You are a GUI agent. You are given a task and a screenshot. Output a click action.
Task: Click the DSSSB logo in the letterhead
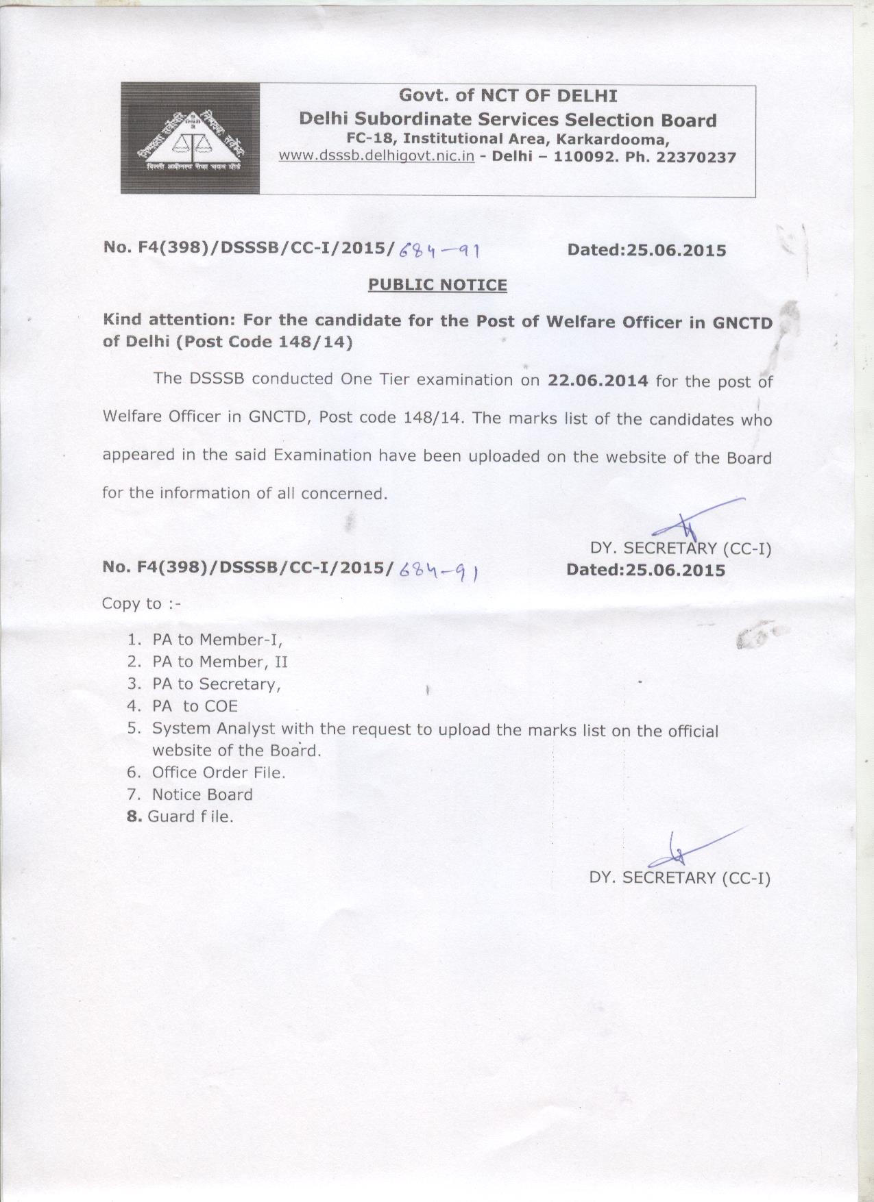coord(191,138)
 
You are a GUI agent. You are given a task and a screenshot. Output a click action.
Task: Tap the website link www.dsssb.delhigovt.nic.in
coord(376,155)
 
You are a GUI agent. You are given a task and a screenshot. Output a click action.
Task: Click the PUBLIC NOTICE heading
coord(437,284)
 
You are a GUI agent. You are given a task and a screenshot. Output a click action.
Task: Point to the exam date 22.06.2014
coord(598,380)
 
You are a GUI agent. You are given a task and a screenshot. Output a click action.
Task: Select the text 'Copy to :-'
coord(141,603)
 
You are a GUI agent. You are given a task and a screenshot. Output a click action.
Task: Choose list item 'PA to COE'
coord(195,706)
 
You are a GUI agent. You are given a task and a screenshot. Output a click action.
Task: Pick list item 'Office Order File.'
coord(219,773)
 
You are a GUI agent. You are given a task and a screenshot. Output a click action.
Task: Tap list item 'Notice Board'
coord(202,794)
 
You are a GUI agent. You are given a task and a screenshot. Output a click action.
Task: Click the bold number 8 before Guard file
coord(134,816)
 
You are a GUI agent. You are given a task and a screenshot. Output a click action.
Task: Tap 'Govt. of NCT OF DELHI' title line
coord(508,96)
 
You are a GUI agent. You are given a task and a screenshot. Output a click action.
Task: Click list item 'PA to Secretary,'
coord(217,684)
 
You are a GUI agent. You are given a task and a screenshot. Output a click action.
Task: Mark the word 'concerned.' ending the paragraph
coord(353,493)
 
